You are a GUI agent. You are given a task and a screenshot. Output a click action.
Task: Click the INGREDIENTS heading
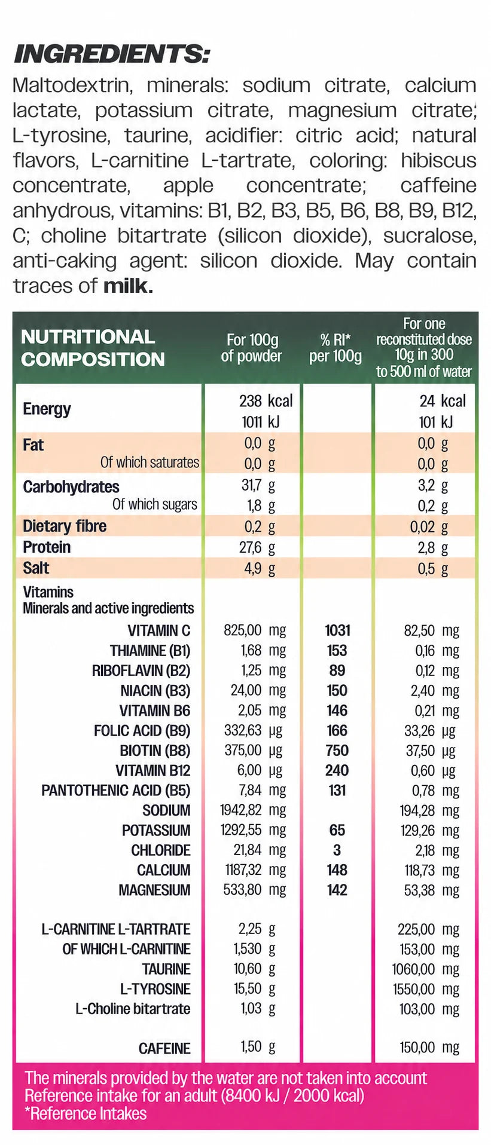111,54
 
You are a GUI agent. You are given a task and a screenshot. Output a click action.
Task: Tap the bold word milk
128,286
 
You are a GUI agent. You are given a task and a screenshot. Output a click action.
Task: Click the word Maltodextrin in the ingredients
71,85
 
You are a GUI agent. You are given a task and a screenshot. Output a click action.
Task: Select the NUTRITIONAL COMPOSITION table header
93,348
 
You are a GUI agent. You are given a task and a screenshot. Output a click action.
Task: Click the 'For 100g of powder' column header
252,348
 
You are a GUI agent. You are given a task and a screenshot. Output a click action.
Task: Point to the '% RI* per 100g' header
336,348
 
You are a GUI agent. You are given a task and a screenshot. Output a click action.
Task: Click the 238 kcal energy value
266,401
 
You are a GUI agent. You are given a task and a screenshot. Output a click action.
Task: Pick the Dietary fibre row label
65,526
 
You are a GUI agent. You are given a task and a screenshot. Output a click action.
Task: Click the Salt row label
36,568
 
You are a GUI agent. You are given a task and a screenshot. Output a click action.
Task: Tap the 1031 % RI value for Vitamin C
337,630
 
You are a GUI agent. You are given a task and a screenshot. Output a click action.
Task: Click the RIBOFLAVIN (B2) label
141,671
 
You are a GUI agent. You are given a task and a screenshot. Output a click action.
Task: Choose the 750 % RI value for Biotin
337,751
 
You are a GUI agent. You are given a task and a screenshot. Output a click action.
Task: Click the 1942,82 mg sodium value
253,810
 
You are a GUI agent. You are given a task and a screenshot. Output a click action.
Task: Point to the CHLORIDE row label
161,850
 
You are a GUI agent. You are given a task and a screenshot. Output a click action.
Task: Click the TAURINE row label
166,969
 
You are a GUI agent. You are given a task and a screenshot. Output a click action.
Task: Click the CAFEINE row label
164,1048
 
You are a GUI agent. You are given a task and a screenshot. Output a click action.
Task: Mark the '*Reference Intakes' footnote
86,1114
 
